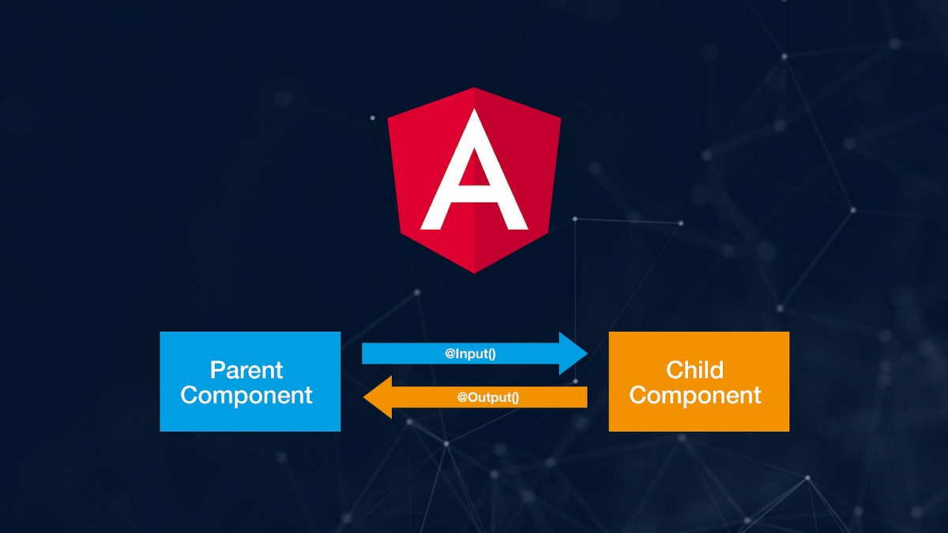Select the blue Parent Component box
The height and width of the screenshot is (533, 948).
(250, 381)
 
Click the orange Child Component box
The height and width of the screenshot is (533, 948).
(698, 381)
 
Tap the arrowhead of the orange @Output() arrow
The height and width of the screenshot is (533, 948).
(376, 396)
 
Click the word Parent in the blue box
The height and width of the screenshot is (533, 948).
(246, 370)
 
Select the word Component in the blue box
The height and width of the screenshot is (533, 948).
(246, 395)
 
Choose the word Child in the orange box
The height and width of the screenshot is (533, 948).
(695, 370)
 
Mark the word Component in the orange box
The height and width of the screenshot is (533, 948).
(695, 395)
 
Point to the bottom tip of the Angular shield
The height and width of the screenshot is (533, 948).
(474, 272)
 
